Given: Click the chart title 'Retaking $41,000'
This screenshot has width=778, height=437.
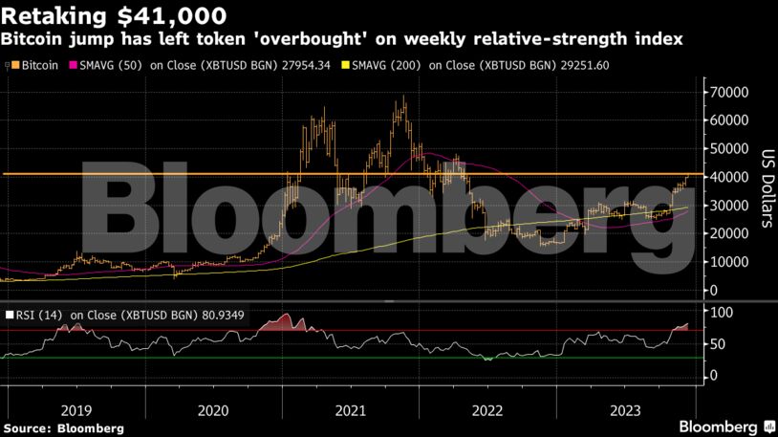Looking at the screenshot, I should pyautogui.click(x=116, y=15).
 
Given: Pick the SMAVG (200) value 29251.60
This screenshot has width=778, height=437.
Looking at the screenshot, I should pyautogui.click(x=577, y=65).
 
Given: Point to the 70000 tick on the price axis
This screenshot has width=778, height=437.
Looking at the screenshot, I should pyautogui.click(x=726, y=93).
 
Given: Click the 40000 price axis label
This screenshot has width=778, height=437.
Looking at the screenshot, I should pyautogui.click(x=726, y=178).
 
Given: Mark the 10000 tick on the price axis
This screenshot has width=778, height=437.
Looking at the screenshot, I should pyautogui.click(x=726, y=262).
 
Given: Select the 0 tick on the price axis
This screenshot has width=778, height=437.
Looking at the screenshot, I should pyautogui.click(x=712, y=290).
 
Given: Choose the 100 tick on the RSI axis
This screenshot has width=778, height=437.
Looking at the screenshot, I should pyautogui.click(x=719, y=313).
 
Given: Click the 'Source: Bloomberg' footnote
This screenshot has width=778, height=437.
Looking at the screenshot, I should pyautogui.click(x=63, y=428).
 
